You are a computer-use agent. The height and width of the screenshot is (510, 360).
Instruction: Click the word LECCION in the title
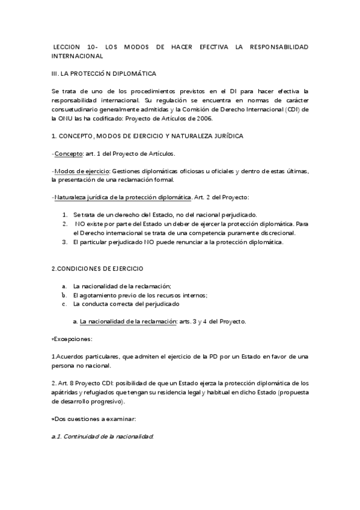pyautogui.click(x=66, y=46)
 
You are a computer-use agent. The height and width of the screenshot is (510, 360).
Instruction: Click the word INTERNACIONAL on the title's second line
pyautogui.click(x=78, y=55)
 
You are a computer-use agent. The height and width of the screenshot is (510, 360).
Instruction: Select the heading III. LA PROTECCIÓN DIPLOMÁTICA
pyautogui.click(x=103, y=73)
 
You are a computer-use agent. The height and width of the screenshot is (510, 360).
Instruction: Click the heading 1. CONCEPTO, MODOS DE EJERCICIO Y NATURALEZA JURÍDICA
pyautogui.click(x=147, y=136)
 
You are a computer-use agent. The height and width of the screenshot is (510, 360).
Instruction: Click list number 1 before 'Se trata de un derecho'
pyautogui.click(x=66, y=215)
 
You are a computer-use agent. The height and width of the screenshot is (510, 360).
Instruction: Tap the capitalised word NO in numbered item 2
pyautogui.click(x=80, y=224)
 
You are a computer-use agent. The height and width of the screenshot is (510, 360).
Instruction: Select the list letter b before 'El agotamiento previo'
pyautogui.click(x=64, y=295)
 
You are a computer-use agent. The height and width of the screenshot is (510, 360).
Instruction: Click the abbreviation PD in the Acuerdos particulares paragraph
pyautogui.click(x=221, y=357)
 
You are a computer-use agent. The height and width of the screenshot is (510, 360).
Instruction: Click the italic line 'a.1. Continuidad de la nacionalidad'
pyautogui.click(x=102, y=437)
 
